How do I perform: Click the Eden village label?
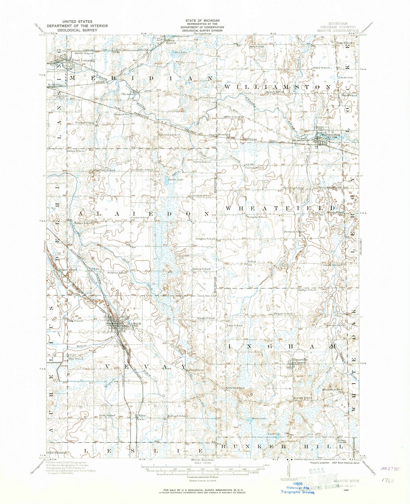(143, 415)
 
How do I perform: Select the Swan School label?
(234, 325)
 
